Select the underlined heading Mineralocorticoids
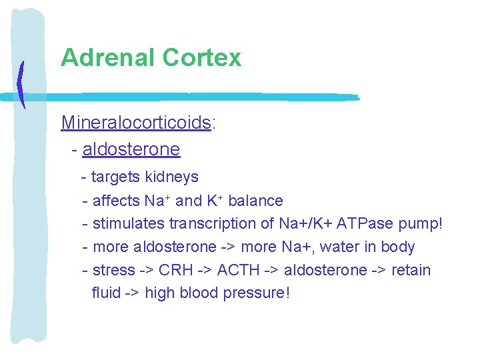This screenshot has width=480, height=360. [136, 123]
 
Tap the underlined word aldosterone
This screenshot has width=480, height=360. [131, 149]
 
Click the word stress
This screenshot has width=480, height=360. [113, 271]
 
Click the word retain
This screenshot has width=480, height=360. [411, 271]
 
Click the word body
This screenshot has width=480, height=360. [398, 247]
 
